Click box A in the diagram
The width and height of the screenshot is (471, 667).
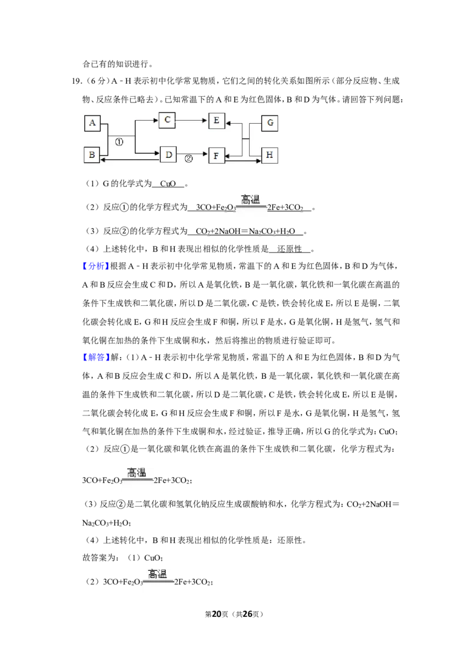92,123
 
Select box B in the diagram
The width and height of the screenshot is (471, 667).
92,155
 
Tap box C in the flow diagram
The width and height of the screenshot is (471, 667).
167,120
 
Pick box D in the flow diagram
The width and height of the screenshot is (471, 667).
168,154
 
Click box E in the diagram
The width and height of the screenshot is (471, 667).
217,121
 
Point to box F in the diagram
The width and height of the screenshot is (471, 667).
216,156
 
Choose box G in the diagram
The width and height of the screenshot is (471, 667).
270,123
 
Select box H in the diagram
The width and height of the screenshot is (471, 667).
270,155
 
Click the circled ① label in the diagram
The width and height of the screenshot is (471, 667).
119,142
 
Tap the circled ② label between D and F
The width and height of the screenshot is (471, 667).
188,159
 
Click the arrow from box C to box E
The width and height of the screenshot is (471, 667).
191,120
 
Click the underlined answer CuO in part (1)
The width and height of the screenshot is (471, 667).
168,184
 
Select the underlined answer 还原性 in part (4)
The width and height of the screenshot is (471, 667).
290,249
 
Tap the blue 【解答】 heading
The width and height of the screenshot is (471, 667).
96,357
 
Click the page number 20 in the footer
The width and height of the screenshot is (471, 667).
217,614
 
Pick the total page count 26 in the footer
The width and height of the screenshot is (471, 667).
247,614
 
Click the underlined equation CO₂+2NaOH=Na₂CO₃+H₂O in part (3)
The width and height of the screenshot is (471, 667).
246,232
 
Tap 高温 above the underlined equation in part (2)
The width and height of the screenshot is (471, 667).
250,199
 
